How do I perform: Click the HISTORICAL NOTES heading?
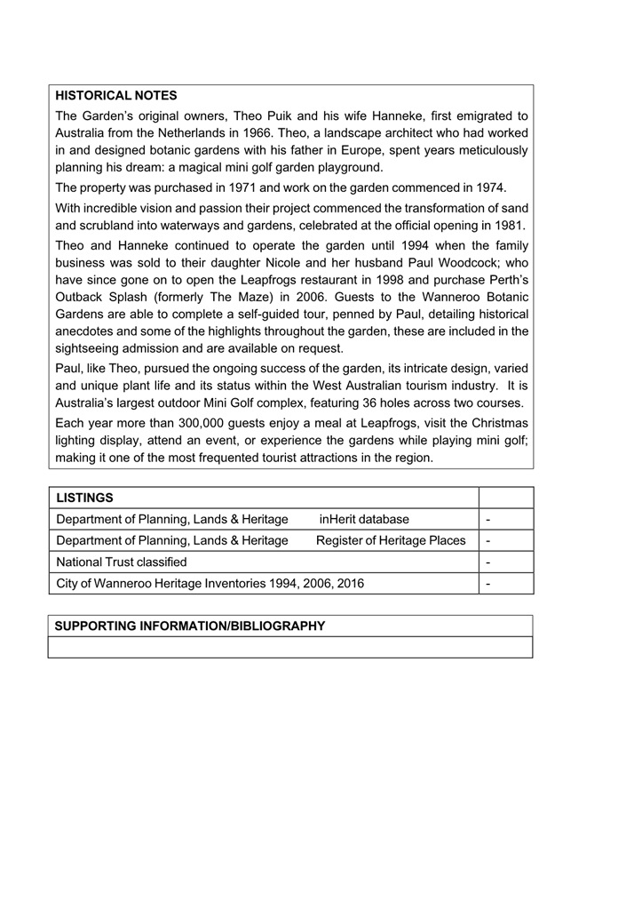click(116, 95)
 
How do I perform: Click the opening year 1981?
click(508, 225)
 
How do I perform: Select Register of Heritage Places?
click(391, 540)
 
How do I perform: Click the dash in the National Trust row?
click(489, 562)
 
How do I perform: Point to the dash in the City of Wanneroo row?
click(489, 584)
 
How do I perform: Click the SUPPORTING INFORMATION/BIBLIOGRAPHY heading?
click(190, 626)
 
